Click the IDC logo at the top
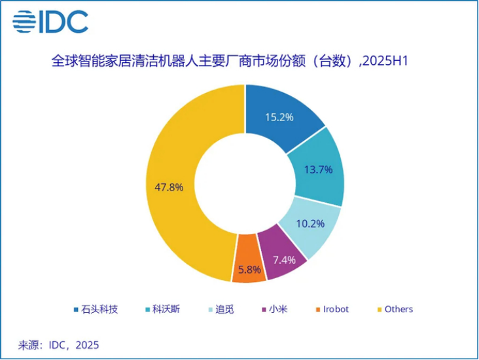[50, 22]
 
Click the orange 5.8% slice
[249, 268]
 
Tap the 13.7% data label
[319, 170]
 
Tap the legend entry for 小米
[275, 309]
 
